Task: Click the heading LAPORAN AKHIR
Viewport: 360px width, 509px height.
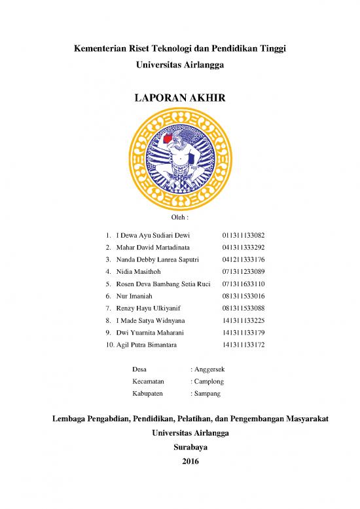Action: point(179,98)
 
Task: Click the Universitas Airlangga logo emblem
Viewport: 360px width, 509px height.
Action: point(179,157)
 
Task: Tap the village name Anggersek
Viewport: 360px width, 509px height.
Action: point(209,369)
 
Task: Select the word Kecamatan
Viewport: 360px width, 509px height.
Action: point(148,381)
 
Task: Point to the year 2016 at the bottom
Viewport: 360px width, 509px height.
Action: point(179,461)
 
